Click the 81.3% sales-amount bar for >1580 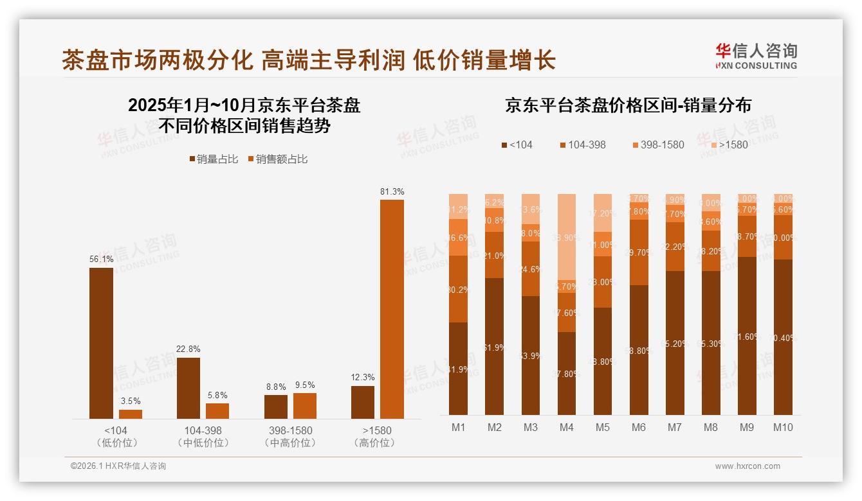(x=392, y=309)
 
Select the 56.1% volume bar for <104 (x=101, y=343)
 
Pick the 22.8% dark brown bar (x=188, y=388)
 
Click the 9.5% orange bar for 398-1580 (x=305, y=406)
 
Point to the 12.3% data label (x=363, y=377)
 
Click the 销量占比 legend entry (x=214, y=159)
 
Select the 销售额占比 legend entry (x=277, y=159)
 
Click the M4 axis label (x=567, y=427)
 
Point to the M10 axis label (x=782, y=427)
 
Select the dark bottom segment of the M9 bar (x=747, y=335)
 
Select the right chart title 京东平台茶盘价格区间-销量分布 (x=628, y=105)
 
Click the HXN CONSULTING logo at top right (x=756, y=56)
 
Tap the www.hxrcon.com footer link (x=747, y=466)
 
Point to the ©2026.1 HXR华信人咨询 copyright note (x=118, y=466)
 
